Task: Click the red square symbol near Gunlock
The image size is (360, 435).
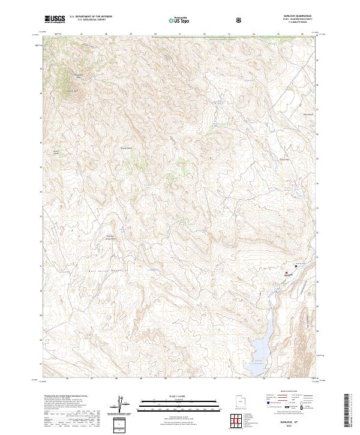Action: pyautogui.click(x=287, y=272)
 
